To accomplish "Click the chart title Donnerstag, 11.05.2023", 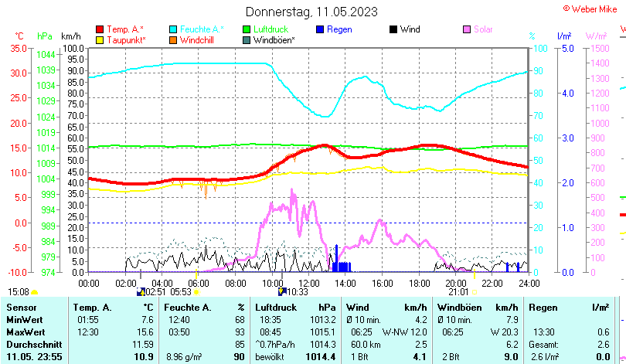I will (x=311, y=12).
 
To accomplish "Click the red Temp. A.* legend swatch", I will (x=100, y=29).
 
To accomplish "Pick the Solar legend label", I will (x=483, y=29).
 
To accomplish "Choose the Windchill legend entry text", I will (x=197, y=39).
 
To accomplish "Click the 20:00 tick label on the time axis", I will (x=456, y=283).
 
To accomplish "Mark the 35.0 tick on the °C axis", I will (x=17, y=48).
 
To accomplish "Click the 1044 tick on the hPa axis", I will (x=46, y=54).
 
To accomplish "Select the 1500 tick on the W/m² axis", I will (x=599, y=48).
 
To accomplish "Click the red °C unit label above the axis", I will (x=19, y=36).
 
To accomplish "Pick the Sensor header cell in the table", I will (x=20, y=308).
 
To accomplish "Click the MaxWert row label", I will (x=25, y=332).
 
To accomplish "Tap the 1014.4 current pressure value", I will (x=320, y=356).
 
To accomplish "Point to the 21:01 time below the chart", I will (x=458, y=292).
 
